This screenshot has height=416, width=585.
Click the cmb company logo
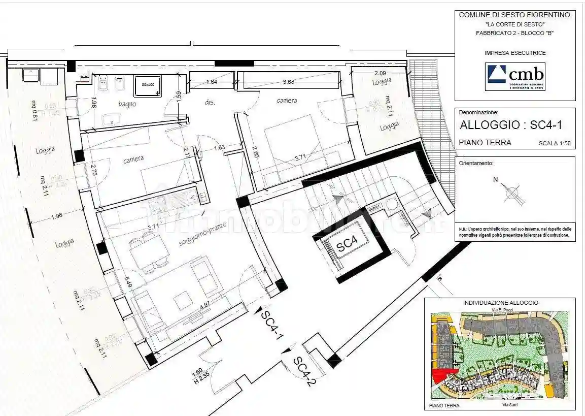(x=515, y=76)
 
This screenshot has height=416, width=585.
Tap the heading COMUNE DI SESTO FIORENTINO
(x=514, y=15)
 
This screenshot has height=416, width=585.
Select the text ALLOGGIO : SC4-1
(x=510, y=125)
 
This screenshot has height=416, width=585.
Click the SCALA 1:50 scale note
(x=555, y=144)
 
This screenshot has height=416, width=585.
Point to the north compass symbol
(x=512, y=194)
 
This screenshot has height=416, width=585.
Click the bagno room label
(x=127, y=104)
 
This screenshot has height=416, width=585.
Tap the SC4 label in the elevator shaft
(x=348, y=245)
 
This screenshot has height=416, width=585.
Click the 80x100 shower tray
(x=147, y=85)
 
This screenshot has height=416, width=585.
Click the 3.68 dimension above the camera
(x=289, y=81)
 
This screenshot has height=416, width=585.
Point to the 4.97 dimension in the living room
(x=205, y=307)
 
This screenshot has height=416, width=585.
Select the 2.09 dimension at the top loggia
(x=381, y=73)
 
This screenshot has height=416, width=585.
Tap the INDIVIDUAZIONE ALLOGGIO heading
(x=500, y=303)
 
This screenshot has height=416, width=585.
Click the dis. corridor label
(x=210, y=103)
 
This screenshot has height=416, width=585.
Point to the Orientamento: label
(x=476, y=164)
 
